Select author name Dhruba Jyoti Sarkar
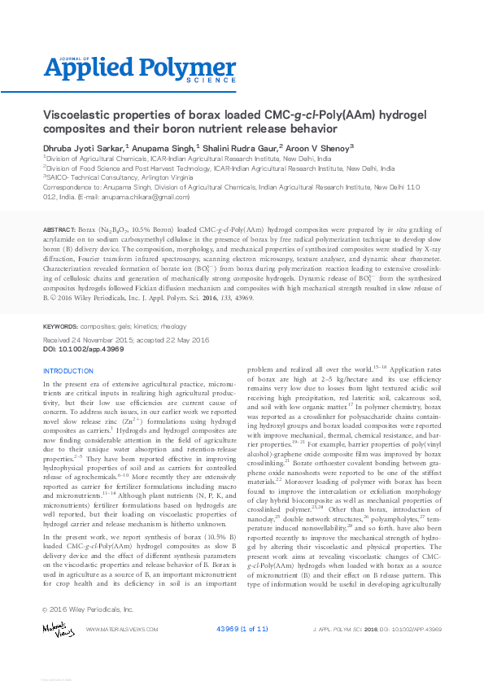[x=80, y=148]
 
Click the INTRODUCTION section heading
[x=68, y=371]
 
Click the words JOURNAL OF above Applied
[x=59, y=59]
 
